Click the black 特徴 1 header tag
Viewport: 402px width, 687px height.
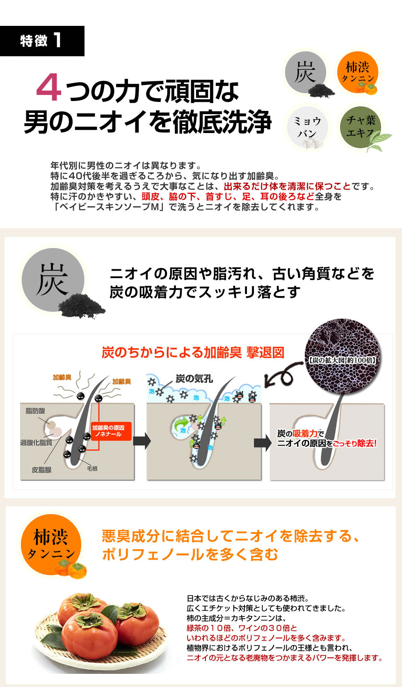tap(42, 41)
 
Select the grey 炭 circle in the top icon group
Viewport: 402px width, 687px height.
tap(305, 72)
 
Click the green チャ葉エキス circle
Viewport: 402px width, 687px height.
tap(361, 127)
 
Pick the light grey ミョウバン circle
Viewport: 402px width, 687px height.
tap(307, 127)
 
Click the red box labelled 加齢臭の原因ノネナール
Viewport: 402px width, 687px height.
tap(108, 431)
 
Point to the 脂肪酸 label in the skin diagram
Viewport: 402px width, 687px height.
tap(35, 411)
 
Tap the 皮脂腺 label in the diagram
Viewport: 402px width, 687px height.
tap(41, 470)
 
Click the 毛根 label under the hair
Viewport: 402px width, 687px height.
tap(92, 469)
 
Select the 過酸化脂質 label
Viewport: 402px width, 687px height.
tap(36, 443)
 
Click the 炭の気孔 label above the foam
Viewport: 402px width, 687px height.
tap(194, 379)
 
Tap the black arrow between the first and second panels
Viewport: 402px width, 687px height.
tap(142, 441)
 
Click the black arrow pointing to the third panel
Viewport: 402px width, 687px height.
tap(263, 443)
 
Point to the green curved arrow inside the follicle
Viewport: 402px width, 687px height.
tap(180, 425)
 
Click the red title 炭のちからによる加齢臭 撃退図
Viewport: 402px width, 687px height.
tap(193, 352)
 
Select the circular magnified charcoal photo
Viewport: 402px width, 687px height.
tap(343, 356)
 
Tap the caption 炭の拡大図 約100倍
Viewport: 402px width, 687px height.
tap(342, 360)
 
